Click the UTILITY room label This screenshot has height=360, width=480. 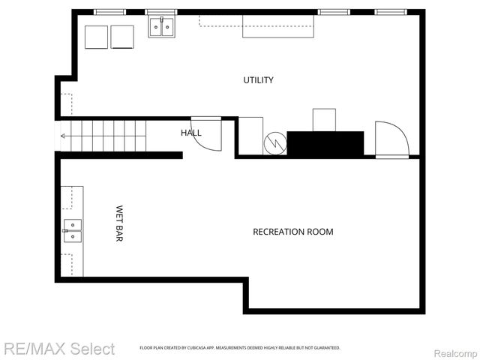click(x=258, y=80)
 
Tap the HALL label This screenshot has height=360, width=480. click(x=191, y=133)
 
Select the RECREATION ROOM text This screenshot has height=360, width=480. click(x=292, y=232)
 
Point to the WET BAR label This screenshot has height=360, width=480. click(x=119, y=223)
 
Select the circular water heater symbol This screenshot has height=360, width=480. click(x=275, y=143)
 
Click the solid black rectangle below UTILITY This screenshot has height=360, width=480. click(x=325, y=143)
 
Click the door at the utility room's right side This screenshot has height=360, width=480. click(x=391, y=139)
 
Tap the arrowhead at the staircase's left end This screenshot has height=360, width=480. click(x=63, y=136)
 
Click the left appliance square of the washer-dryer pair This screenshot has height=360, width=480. click(x=97, y=37)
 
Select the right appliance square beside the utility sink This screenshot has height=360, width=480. click(x=122, y=37)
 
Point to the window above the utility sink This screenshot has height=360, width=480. click(x=160, y=12)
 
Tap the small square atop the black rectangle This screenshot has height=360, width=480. click(x=324, y=120)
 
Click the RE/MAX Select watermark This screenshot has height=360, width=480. click(x=59, y=349)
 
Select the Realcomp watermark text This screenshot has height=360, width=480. click(x=455, y=352)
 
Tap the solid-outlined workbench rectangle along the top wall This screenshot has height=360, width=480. click(x=277, y=27)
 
